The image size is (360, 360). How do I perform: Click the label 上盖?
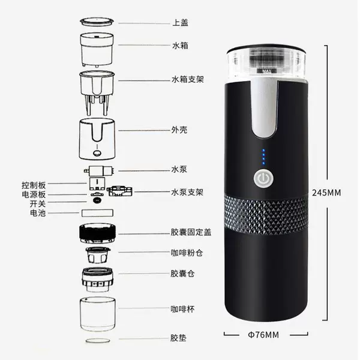[180, 23]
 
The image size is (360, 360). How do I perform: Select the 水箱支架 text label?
[188, 79]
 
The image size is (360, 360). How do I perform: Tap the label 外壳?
[179, 130]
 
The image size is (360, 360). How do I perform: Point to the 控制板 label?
[34, 185]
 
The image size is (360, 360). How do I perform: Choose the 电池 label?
[38, 213]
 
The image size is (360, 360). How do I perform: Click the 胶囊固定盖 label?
[191, 232]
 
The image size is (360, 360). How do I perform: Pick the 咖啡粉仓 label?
[187, 253]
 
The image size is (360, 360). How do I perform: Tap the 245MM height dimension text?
[326, 193]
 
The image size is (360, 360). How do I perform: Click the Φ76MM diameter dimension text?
[263, 335]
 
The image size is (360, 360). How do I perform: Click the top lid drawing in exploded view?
[97, 22]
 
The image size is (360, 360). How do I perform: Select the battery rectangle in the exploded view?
[97, 213]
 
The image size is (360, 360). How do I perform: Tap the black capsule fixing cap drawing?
[97, 233]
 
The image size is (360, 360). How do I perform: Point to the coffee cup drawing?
[98, 314]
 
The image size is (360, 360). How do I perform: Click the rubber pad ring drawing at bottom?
[98, 340]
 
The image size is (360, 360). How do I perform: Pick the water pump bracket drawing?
[119, 191]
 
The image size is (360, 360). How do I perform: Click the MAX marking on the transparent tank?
[266, 71]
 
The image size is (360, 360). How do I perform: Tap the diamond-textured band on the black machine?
[266, 214]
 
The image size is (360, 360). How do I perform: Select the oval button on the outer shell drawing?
[97, 152]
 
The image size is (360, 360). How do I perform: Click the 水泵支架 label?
[187, 192]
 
